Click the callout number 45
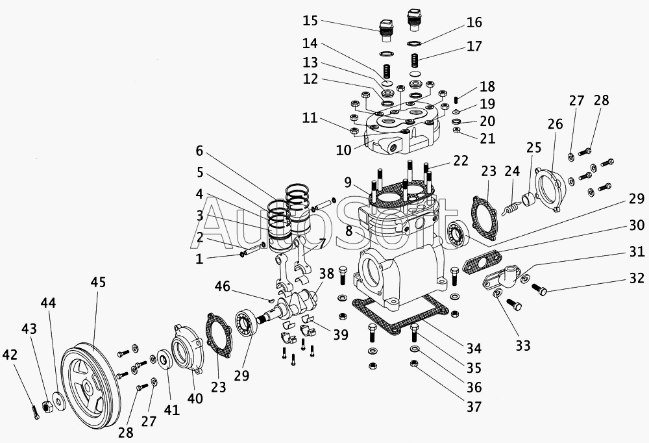[98, 283]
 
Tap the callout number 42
[9, 355]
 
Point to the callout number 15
[310, 20]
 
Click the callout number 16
[474, 23]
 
